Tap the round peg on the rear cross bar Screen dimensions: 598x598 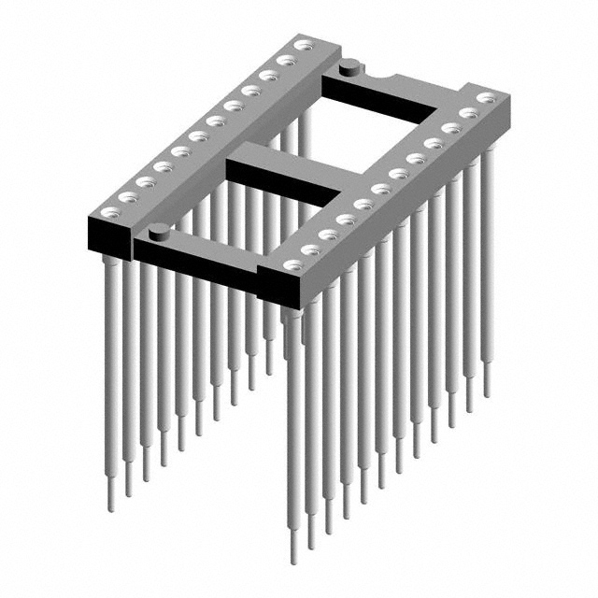(x=349, y=66)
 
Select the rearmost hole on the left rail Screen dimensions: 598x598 (x=303, y=44)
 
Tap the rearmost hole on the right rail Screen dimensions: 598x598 (x=484, y=97)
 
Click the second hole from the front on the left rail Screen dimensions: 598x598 (x=124, y=193)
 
